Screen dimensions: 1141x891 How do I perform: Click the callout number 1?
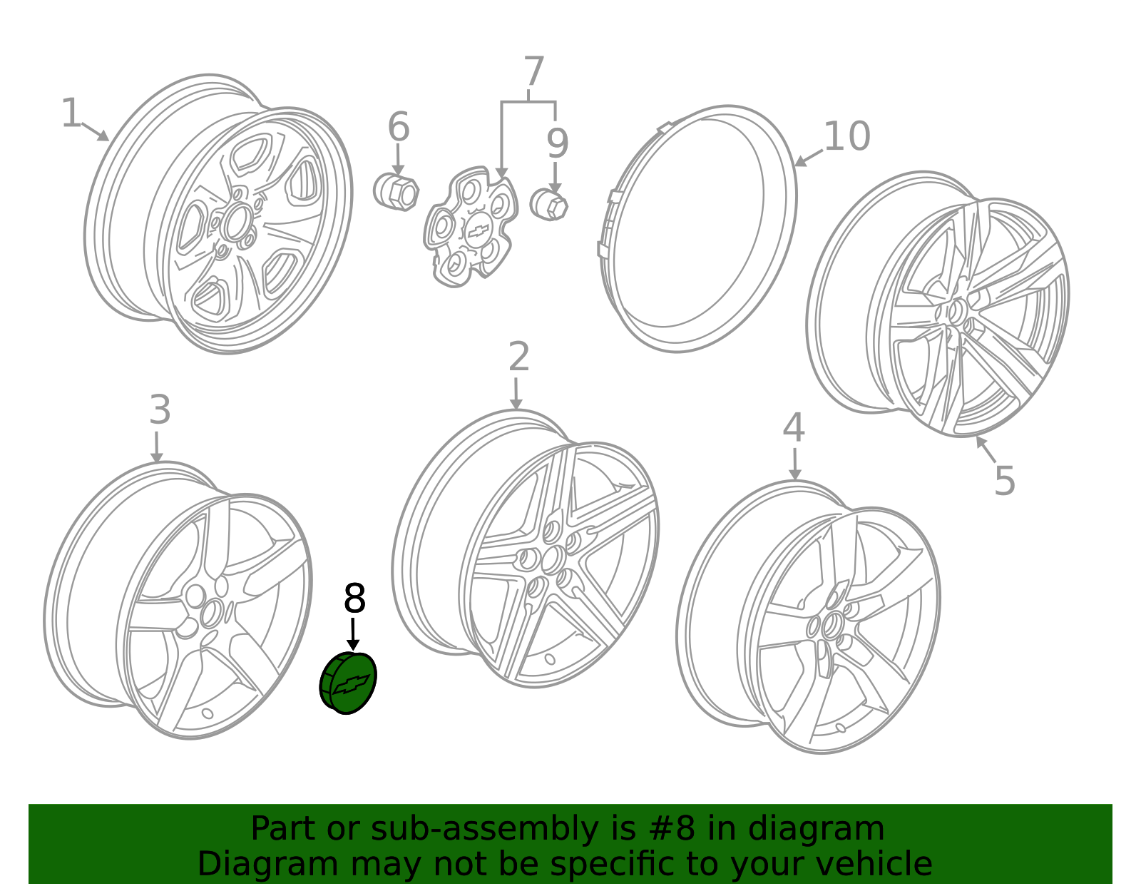tap(71, 113)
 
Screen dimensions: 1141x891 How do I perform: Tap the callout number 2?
tap(518, 357)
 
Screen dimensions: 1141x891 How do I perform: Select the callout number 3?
tap(160, 409)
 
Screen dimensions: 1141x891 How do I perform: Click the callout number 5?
tap(1005, 480)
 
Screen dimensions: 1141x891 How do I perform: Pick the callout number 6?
tap(399, 126)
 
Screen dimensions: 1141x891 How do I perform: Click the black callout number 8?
tap(354, 598)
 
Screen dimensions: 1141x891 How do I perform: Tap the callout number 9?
tap(557, 143)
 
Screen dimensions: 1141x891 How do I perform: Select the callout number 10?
tap(847, 136)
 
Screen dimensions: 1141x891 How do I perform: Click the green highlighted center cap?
tap(348, 683)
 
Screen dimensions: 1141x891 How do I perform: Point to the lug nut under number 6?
tap(396, 192)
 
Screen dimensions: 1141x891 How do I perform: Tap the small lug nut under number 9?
tap(548, 204)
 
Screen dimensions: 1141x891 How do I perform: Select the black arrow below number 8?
tap(353, 633)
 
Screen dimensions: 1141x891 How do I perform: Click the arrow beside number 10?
tap(808, 158)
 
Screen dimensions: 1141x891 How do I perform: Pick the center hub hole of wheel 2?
tap(555, 560)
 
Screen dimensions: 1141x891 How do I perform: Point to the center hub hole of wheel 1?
tap(237, 223)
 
